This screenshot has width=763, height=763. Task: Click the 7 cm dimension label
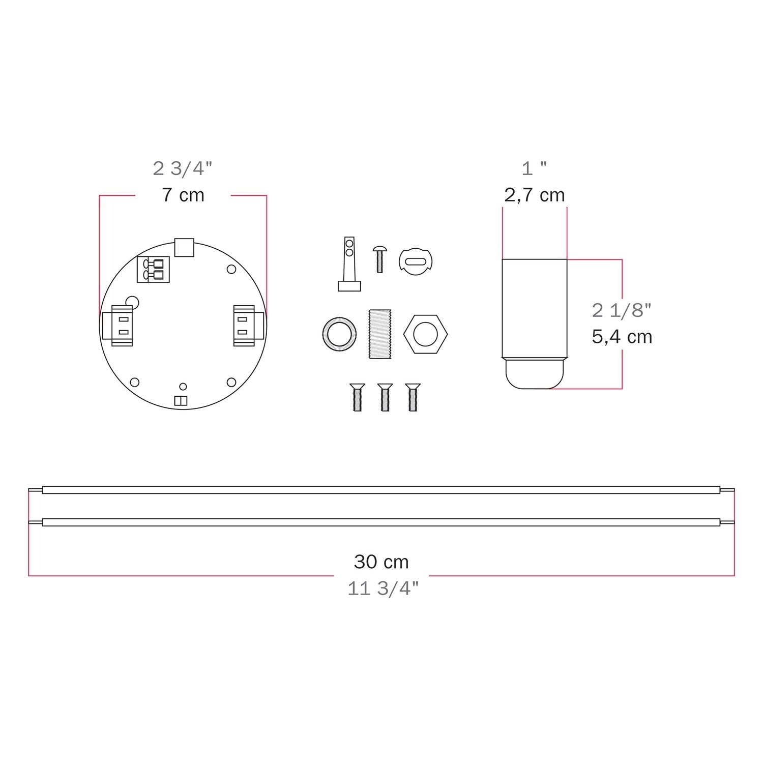point(183,195)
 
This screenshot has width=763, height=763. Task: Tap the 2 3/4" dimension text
point(183,168)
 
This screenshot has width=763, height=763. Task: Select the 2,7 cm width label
point(534,195)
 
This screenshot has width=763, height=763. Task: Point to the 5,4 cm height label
point(622,337)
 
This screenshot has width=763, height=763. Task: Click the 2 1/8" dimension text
point(622,310)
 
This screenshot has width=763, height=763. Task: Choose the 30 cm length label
point(381,562)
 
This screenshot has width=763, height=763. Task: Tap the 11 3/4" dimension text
point(383,589)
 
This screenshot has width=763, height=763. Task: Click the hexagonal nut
point(425,335)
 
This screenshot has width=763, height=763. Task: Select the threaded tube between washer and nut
point(377,334)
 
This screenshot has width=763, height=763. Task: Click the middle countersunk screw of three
point(385,397)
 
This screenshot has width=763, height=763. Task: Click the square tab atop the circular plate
point(184,247)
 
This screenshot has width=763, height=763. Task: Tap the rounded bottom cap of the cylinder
point(535,374)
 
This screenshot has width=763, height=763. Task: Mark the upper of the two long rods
point(381,490)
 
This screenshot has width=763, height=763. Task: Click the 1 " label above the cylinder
point(534,168)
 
